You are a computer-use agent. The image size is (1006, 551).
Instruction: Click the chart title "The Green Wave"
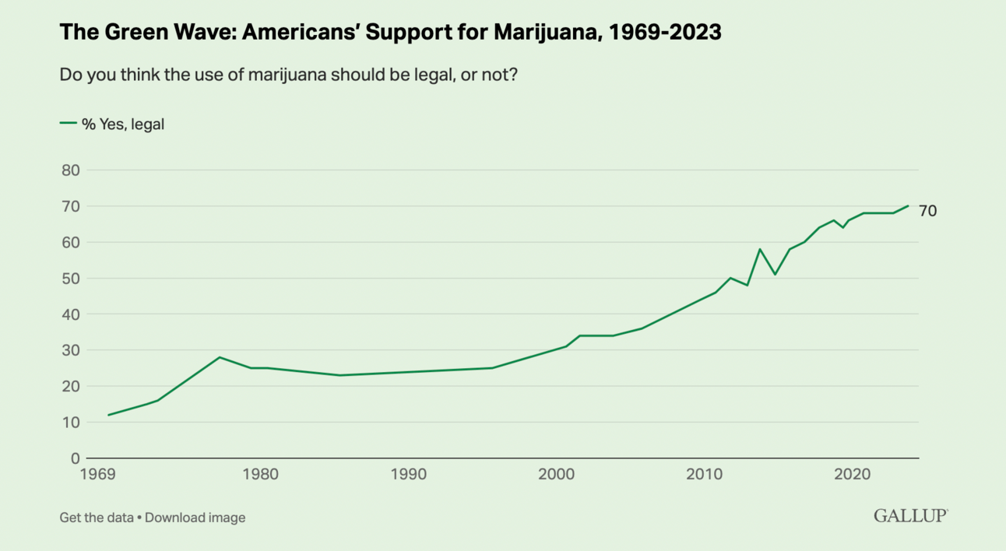pyautogui.click(x=389, y=33)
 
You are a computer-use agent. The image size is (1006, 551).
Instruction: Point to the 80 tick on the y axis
pyautogui.click(x=71, y=170)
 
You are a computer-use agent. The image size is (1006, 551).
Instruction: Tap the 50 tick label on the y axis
pyautogui.click(x=71, y=279)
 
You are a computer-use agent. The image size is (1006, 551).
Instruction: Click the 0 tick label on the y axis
pyautogui.click(x=76, y=458)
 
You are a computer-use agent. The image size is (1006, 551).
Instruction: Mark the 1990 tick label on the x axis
pyautogui.click(x=408, y=475)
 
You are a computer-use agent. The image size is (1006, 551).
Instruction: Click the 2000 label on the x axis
pyautogui.click(x=557, y=475)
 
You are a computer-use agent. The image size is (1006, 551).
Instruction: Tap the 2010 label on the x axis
pyautogui.click(x=705, y=475)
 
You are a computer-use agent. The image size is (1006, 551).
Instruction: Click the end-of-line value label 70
pyautogui.click(x=927, y=210)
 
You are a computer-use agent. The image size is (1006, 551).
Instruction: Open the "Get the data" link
pyautogui.click(x=96, y=517)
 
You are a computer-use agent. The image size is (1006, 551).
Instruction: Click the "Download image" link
pyautogui.click(x=195, y=517)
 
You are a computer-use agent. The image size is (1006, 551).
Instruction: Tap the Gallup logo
pyautogui.click(x=910, y=515)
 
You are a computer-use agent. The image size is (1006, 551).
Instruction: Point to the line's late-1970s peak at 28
pyautogui.click(x=220, y=357)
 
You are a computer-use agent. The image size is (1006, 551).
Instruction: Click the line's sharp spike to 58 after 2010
pyautogui.click(x=760, y=249)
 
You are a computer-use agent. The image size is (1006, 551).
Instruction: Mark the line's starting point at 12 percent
pyautogui.click(x=108, y=415)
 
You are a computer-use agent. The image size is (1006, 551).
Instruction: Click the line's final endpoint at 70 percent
pyautogui.click(x=908, y=206)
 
